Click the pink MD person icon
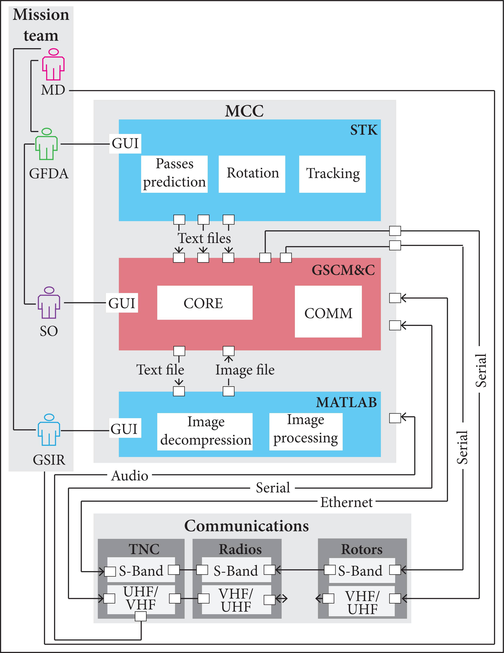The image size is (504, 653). [x=53, y=65]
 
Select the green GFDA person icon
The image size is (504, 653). [x=46, y=144]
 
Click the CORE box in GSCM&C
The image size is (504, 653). [x=205, y=303]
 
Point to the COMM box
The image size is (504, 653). [x=328, y=312]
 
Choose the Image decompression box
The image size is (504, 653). [x=205, y=431]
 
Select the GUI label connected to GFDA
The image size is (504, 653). [x=125, y=144]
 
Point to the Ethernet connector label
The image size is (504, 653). [x=346, y=502]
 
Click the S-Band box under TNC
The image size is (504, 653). [x=141, y=571]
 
